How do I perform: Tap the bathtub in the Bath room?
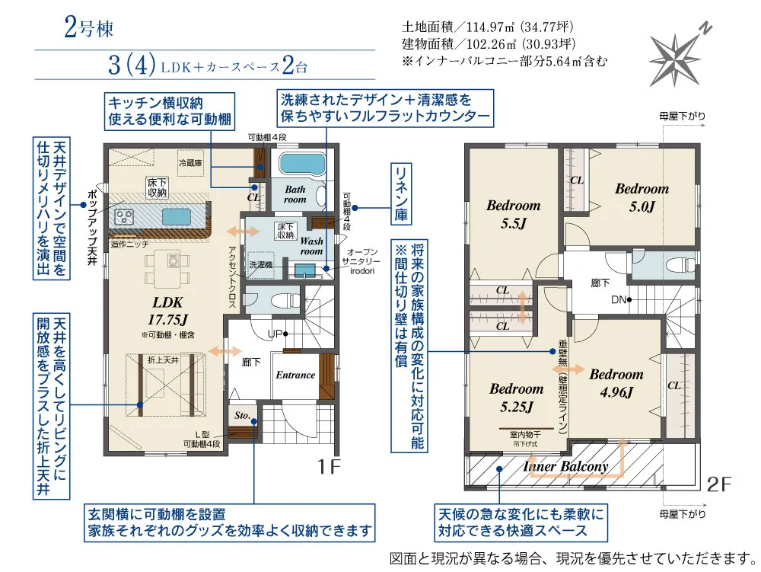(302, 164)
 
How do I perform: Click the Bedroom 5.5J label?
(514, 214)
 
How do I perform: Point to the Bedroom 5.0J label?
(642, 197)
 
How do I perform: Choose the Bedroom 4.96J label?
(616, 382)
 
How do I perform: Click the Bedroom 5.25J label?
(516, 397)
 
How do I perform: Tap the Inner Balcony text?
(565, 466)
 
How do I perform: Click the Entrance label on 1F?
(295, 375)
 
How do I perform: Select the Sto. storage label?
(243, 417)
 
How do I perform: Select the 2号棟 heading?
(88, 29)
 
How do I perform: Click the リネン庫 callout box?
(401, 194)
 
